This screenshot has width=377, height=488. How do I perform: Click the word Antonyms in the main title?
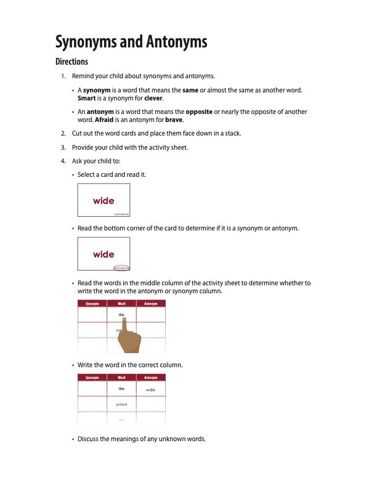[176, 42]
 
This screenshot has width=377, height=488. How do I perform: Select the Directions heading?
[71, 62]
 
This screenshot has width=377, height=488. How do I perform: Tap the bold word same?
[190, 90]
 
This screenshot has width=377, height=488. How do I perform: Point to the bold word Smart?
[86, 98]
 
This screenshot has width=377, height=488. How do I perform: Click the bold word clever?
[153, 98]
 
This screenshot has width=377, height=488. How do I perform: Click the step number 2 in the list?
[63, 133]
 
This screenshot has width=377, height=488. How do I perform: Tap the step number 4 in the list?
[63, 161]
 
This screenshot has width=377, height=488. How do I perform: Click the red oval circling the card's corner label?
[121, 268]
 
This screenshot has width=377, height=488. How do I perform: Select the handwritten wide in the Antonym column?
[150, 390]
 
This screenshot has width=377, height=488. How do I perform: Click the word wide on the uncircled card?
[103, 201]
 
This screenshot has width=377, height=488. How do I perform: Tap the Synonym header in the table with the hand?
[92, 304]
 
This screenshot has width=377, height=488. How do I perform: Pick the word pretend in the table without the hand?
[122, 404]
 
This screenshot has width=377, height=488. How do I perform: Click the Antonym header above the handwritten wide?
[150, 377]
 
